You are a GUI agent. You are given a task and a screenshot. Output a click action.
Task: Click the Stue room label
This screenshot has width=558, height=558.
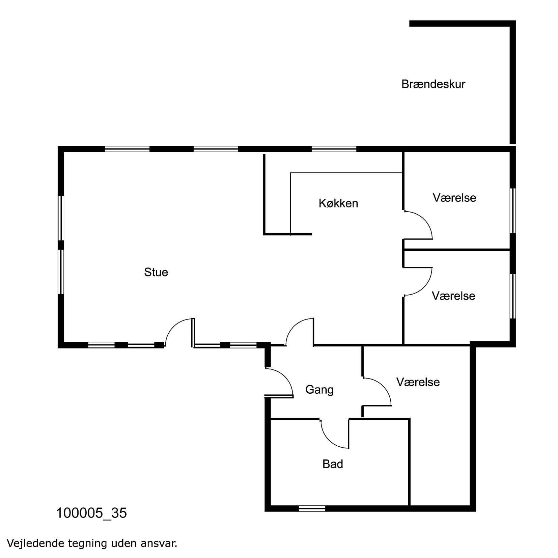tap(156, 272)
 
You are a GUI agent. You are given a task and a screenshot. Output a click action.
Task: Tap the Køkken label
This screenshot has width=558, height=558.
tap(338, 203)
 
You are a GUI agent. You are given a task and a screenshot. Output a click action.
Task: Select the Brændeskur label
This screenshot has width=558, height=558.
tap(433, 84)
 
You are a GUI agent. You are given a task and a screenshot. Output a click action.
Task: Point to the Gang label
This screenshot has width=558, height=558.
tap(319, 390)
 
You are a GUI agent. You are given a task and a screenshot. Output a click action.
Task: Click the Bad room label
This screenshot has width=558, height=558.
tap(333, 464)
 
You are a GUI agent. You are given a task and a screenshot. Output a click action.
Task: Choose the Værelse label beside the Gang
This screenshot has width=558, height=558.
tap(418, 382)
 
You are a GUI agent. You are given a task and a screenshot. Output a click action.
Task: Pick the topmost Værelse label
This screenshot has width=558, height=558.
tap(454, 198)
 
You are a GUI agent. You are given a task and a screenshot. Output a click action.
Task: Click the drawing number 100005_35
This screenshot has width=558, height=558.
tap(91, 513)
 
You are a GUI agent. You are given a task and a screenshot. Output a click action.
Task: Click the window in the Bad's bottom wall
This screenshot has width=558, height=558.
tap(312, 508)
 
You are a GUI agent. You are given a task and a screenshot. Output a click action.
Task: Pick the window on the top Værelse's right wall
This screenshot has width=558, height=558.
tap(513, 211)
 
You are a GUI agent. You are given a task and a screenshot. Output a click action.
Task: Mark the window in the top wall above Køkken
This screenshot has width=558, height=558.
tap(334, 149)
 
